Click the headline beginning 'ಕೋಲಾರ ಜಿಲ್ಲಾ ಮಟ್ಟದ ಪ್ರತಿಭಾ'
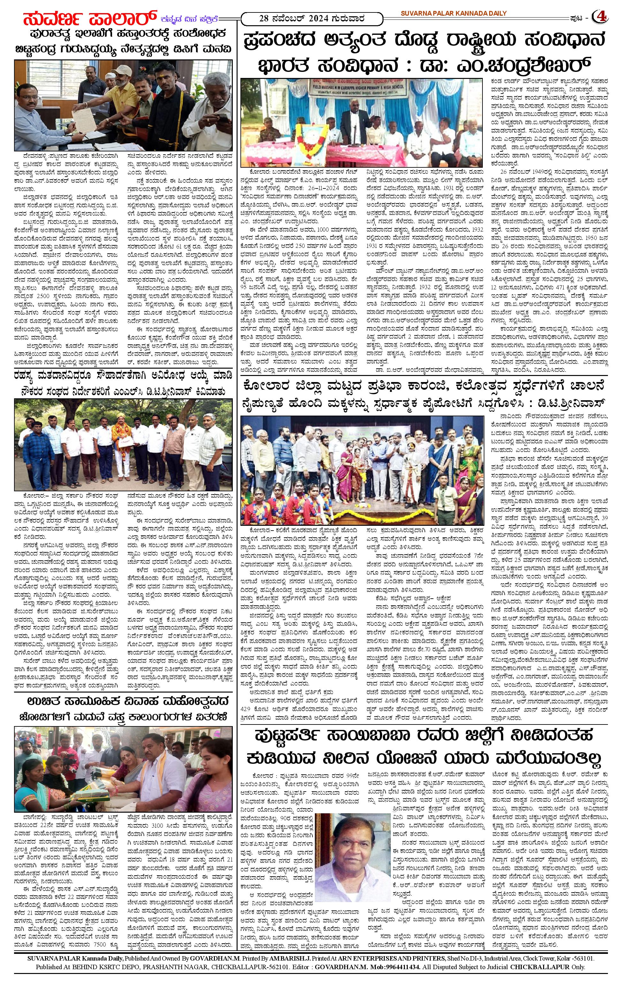pos(422,385)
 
